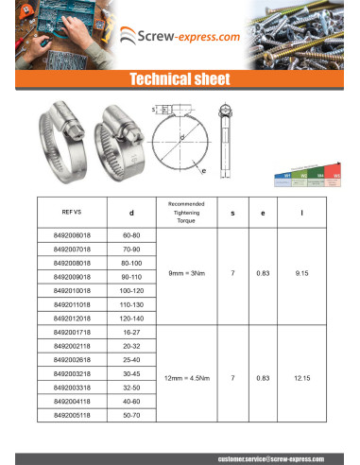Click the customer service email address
(272, 457)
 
